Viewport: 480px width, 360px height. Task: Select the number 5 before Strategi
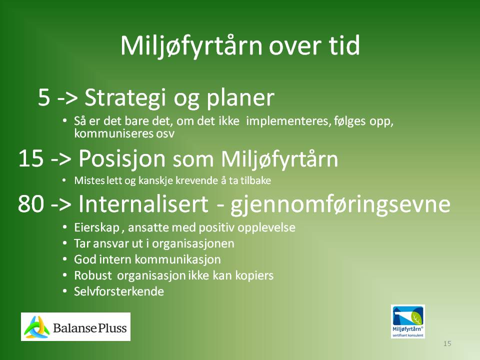click(44, 97)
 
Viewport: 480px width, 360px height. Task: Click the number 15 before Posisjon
click(30, 158)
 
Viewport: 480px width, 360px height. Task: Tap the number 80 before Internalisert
click(30, 204)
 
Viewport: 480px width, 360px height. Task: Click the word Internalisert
click(143, 203)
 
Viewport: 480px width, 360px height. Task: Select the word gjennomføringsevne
click(340, 205)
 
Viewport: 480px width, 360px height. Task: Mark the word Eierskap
click(96, 228)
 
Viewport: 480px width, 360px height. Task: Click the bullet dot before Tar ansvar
click(64, 243)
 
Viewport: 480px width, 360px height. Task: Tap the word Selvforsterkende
click(119, 291)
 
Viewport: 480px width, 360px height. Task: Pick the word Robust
click(93, 275)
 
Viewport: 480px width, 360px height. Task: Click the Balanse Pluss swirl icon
click(36, 327)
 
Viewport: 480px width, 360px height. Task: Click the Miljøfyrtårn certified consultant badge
click(408, 321)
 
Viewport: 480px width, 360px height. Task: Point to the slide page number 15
click(447, 343)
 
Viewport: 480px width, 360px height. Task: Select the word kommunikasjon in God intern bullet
click(177, 259)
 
